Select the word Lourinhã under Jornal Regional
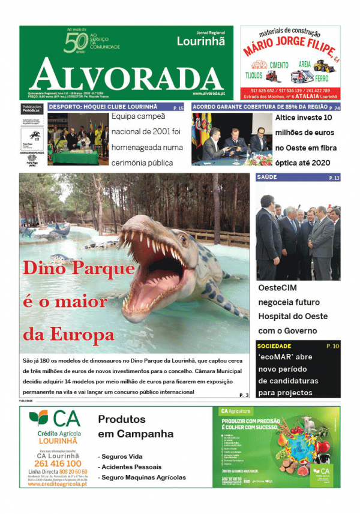[x=201, y=41]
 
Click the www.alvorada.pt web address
[x=209, y=94]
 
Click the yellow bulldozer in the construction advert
[x=323, y=65]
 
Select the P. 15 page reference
[x=179, y=108]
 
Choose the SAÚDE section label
[x=266, y=178]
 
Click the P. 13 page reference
[x=334, y=178]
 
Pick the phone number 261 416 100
[x=58, y=464]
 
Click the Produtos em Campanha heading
[x=136, y=426]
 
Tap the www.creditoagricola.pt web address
[x=58, y=483]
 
